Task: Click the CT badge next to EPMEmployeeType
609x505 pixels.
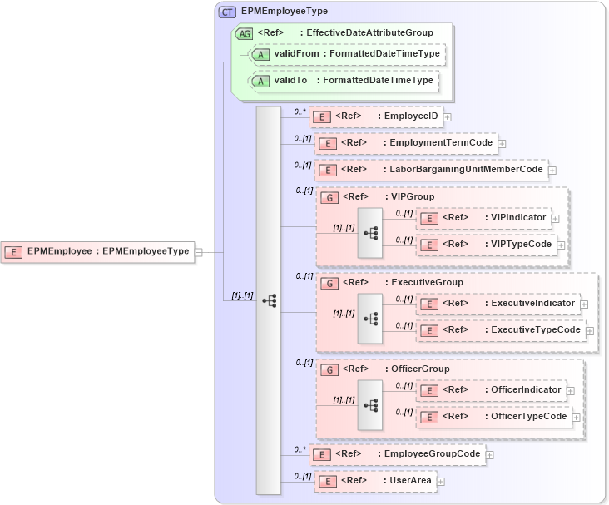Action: point(227,12)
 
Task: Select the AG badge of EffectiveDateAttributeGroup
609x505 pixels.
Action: point(244,33)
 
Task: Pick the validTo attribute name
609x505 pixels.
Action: point(291,81)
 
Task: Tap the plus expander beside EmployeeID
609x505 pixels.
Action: point(448,116)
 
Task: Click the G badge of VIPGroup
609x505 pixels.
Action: point(329,198)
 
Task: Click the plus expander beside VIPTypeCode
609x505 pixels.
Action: point(561,245)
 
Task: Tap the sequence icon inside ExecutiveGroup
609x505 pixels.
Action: point(370,318)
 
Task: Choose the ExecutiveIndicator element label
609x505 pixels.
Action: point(532,304)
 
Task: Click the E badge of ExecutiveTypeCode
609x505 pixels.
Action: point(429,330)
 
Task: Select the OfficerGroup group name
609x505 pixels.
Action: point(420,369)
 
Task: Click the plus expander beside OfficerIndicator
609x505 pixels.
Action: point(570,389)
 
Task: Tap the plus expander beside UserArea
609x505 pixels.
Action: point(441,481)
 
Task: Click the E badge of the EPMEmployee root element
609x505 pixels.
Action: point(13,250)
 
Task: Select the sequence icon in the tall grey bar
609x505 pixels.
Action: point(269,301)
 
